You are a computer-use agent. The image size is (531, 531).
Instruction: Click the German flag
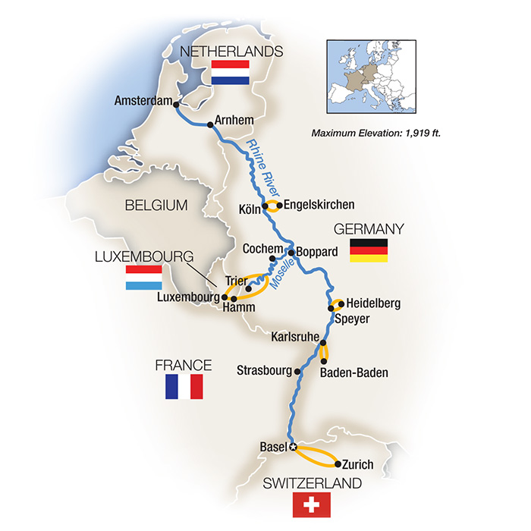click(x=369, y=250)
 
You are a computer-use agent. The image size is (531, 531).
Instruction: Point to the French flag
click(x=184, y=387)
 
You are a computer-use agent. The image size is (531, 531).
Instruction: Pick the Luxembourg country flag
click(x=144, y=278)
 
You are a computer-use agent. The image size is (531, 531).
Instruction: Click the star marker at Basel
click(x=293, y=447)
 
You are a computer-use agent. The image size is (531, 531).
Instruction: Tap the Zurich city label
click(x=358, y=464)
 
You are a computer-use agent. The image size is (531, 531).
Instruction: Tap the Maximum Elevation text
click(x=376, y=134)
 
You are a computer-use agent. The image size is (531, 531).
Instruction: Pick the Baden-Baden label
click(x=353, y=372)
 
